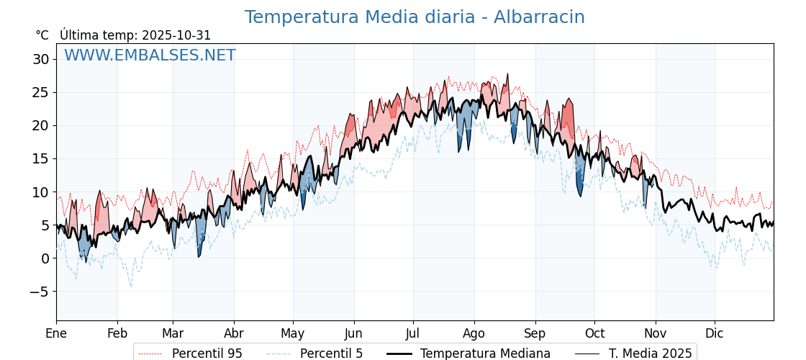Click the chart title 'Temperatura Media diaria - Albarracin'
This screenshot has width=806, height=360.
(x=415, y=17)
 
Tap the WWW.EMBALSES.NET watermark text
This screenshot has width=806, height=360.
(x=150, y=55)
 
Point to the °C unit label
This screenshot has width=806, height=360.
(x=42, y=35)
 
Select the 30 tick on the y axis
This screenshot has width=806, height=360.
(x=40, y=59)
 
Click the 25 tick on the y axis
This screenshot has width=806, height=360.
(x=40, y=92)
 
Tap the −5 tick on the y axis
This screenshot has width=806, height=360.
(x=40, y=292)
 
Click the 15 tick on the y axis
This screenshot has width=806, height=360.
(x=40, y=158)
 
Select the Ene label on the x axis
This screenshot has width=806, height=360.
(x=56, y=333)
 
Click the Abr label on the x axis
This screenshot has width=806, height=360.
(x=234, y=333)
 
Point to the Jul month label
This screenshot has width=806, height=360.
(x=413, y=333)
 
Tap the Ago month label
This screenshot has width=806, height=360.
(x=474, y=333)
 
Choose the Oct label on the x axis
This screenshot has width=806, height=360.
(x=594, y=333)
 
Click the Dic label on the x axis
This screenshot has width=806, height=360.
(x=715, y=333)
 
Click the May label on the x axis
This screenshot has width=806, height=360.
(x=293, y=333)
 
